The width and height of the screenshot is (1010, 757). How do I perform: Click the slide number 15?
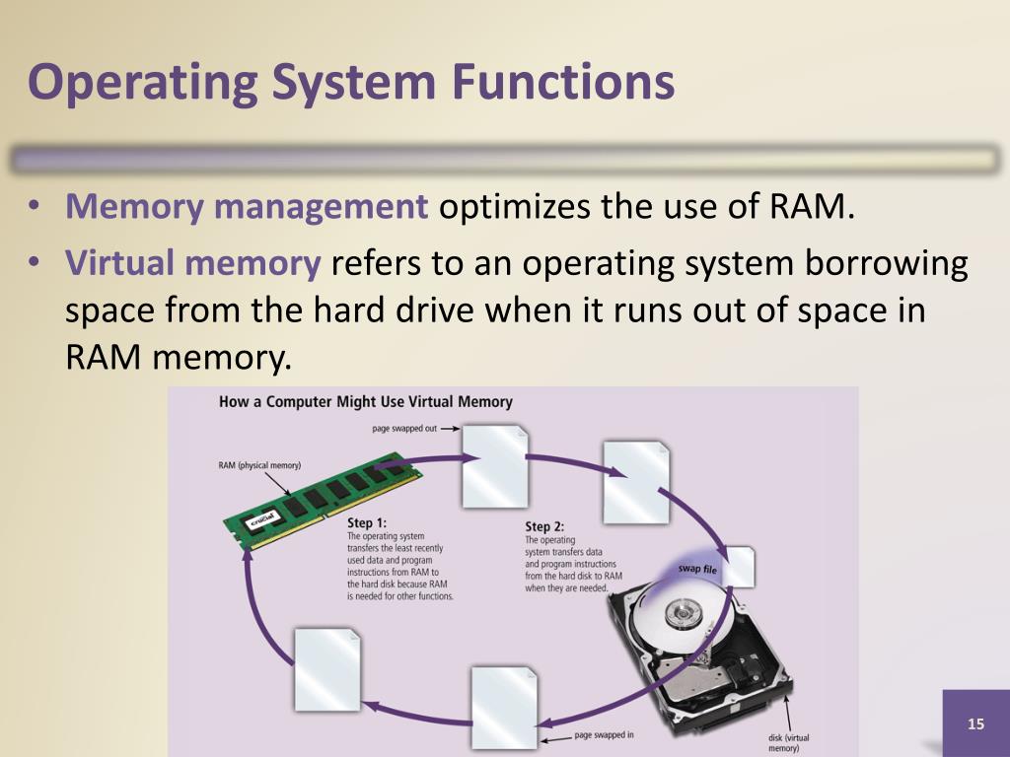point(975,724)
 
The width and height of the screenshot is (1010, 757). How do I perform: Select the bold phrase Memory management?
point(247,208)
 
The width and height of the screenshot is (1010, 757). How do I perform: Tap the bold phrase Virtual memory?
point(193,263)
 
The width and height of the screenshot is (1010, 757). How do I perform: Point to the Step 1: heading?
point(367,522)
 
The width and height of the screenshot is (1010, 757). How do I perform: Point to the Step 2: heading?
point(544,526)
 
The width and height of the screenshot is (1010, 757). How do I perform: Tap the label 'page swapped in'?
point(604,735)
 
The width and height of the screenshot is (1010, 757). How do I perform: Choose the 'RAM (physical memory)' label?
point(259,465)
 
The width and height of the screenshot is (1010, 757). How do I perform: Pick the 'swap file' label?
point(697,569)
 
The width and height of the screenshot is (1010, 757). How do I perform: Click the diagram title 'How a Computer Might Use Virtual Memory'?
point(366,402)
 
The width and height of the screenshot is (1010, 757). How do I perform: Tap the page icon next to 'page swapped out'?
point(495,465)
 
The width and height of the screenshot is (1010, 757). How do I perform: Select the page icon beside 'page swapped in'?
point(504,706)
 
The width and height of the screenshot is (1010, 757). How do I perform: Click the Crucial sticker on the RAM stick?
point(261,521)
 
